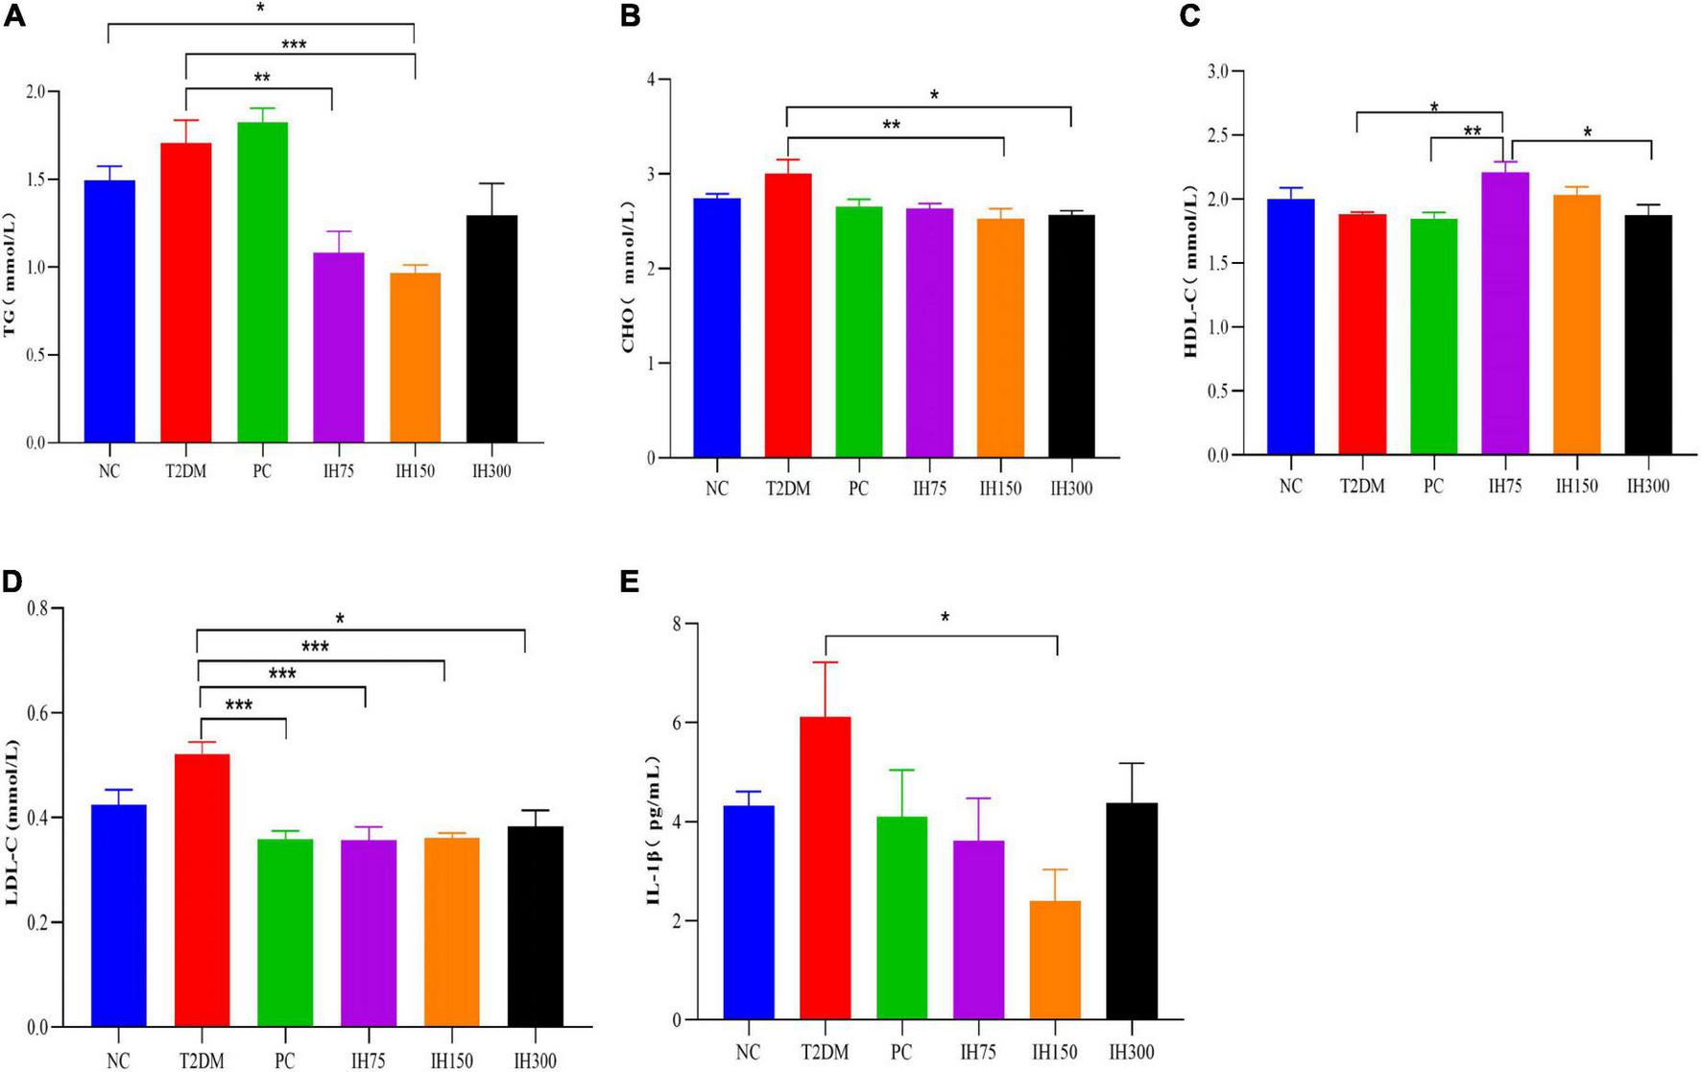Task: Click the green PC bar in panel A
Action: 262,283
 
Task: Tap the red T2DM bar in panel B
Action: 788,317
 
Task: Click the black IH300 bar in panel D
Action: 535,926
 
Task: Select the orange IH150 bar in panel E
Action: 1055,960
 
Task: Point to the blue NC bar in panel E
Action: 749,912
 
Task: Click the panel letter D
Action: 12,583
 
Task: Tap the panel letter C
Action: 1189,16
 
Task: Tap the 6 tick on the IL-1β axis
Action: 678,723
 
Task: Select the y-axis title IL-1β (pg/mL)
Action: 654,831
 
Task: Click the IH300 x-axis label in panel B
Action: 1071,488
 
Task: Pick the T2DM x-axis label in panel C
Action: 1362,487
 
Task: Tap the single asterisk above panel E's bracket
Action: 946,617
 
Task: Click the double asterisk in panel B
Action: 891,125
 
